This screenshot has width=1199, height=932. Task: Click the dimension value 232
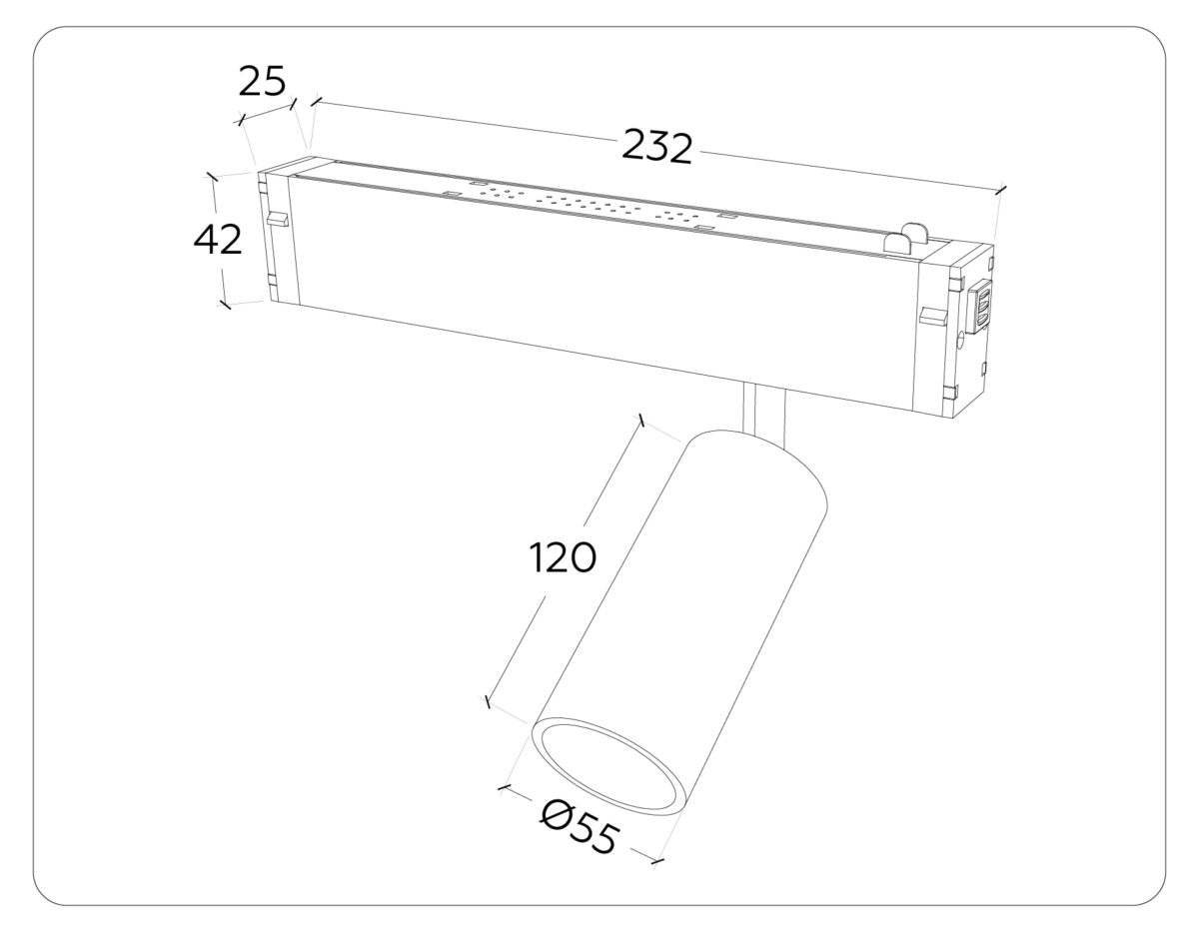pyautogui.click(x=656, y=147)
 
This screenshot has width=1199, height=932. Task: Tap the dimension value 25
pyautogui.click(x=263, y=81)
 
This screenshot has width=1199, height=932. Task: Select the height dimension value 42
pyautogui.click(x=217, y=240)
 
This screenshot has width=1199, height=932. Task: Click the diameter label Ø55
pyautogui.click(x=581, y=827)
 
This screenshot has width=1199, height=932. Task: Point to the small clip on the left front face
pyautogui.click(x=276, y=218)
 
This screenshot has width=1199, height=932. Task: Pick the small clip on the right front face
pyautogui.click(x=931, y=317)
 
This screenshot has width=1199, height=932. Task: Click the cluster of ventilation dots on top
pyautogui.click(x=590, y=204)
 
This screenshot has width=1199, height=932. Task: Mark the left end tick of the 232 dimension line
pyautogui.click(x=317, y=101)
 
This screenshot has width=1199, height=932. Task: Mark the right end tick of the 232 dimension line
pyautogui.click(x=1001, y=189)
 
